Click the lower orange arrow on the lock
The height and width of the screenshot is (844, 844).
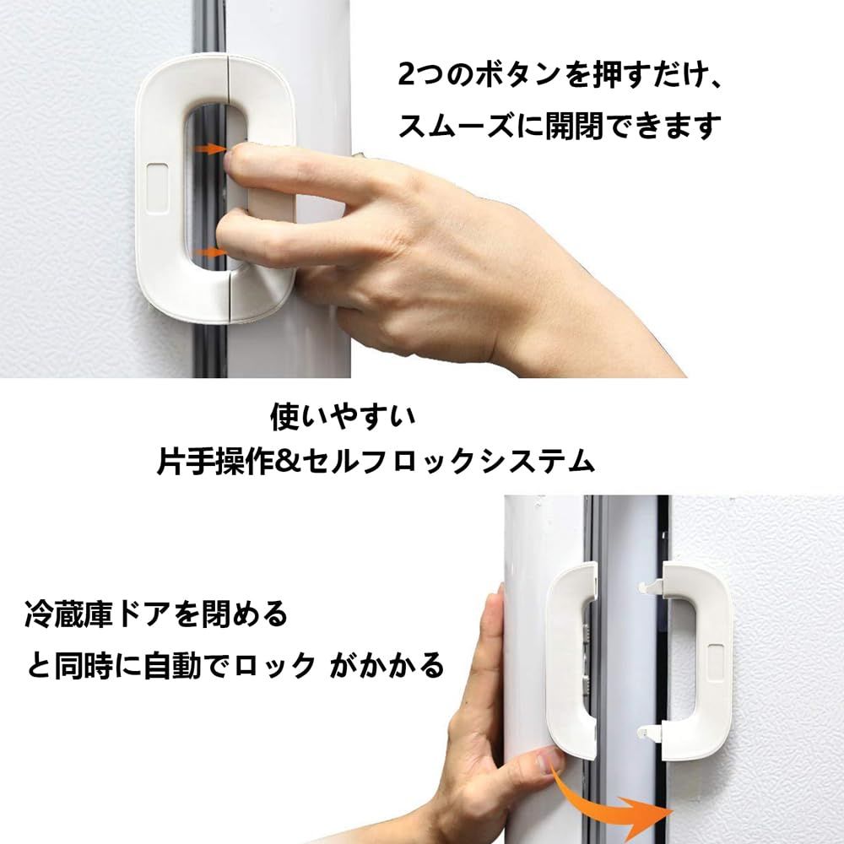click(x=210, y=252)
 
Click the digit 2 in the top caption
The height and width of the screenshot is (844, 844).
click(x=407, y=74)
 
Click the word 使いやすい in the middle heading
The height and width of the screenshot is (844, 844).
click(x=343, y=417)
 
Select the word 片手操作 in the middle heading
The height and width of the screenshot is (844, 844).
click(x=215, y=462)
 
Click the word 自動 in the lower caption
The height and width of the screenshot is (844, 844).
click(x=172, y=665)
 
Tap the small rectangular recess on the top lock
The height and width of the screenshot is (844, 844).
click(x=157, y=188)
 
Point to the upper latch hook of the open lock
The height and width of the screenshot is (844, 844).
click(x=651, y=587)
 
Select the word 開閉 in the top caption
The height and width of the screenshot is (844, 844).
click(x=574, y=126)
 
